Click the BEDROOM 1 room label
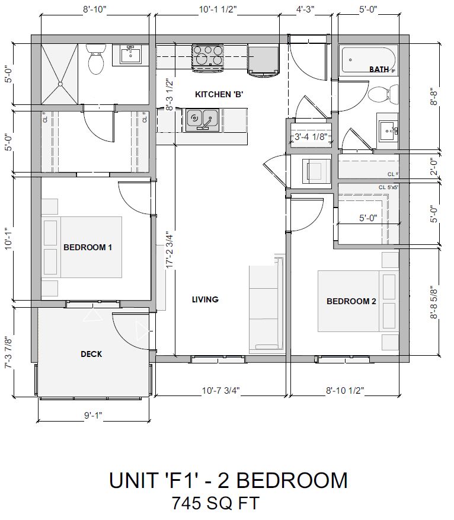tap(88, 247)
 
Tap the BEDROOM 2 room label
tap(351, 301)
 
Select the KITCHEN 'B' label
tap(219, 94)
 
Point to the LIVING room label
tap(205, 299)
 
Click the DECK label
tap(91, 354)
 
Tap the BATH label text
tap(379, 69)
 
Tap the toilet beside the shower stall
tap(95, 60)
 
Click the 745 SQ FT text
tap(215, 503)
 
